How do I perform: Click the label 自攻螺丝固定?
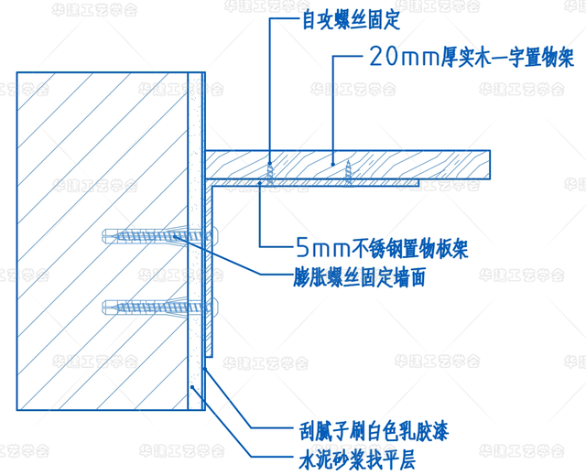(x=332, y=18)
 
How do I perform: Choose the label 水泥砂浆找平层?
(x=355, y=456)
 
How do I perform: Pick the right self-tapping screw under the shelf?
(x=349, y=168)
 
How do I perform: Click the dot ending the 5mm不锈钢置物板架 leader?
(x=260, y=183)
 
